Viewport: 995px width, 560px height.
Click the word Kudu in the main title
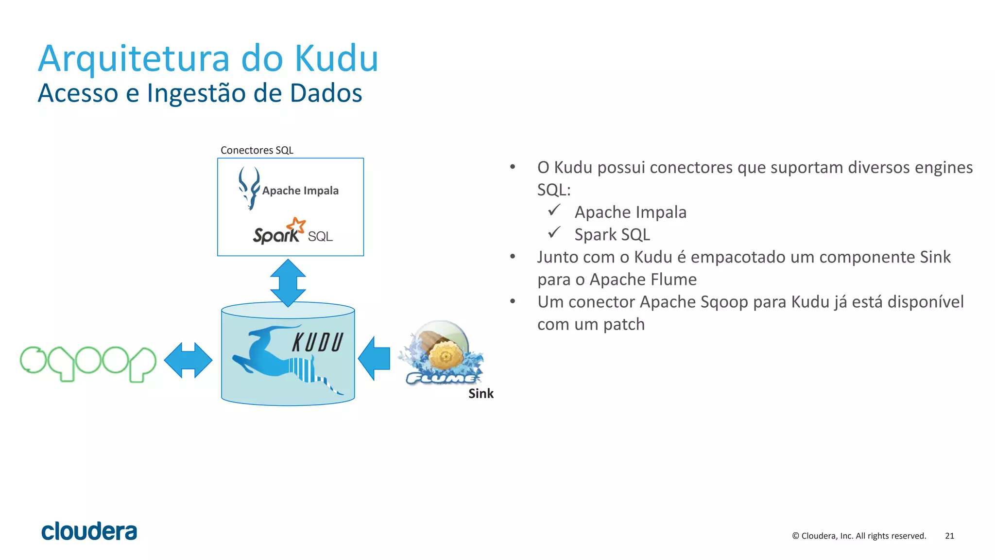[x=336, y=58]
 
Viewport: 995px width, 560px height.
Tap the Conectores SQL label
[x=257, y=150]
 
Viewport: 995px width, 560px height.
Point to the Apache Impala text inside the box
[x=300, y=191]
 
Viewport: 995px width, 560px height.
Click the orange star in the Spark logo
[x=296, y=226]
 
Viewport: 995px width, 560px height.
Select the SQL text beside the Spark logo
[x=320, y=237]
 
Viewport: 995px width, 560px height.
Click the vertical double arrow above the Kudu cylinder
[x=288, y=282]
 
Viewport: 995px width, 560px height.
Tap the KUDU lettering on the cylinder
[x=318, y=342]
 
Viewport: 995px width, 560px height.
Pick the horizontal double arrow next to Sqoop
[x=188, y=360]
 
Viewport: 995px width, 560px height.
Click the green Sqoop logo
[x=88, y=363]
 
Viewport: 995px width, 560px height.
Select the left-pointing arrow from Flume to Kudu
[x=374, y=358]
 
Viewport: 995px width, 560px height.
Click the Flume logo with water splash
[x=441, y=354]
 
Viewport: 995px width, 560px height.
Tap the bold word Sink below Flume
[x=480, y=393]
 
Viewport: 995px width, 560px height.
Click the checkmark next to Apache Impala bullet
[x=554, y=210]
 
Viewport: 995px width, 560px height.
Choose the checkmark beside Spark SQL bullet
[x=554, y=233]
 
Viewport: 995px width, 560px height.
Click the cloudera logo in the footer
[x=89, y=531]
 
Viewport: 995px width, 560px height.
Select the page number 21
[x=949, y=536]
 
